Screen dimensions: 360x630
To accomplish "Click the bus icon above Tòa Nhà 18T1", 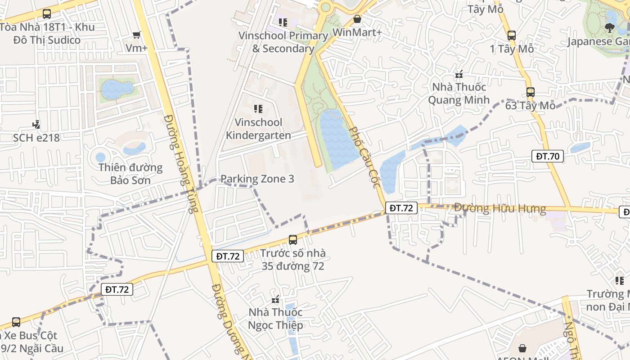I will [x=47, y=14].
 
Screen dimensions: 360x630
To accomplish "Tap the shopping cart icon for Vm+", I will [x=137, y=35].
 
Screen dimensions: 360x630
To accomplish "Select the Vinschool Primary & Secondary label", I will [x=283, y=42].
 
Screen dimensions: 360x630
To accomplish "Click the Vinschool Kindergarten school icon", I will [x=258, y=108].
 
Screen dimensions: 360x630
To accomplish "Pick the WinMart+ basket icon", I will [x=357, y=19].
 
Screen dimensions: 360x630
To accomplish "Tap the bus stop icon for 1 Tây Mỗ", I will [x=511, y=35].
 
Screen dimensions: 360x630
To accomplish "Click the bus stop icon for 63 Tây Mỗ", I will [x=531, y=92].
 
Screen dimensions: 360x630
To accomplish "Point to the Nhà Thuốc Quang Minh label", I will [x=459, y=93].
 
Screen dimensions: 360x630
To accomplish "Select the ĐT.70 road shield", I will [x=547, y=156].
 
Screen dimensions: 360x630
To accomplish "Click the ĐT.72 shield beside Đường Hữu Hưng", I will [x=401, y=208].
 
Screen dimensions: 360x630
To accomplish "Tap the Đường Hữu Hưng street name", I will [x=500, y=208].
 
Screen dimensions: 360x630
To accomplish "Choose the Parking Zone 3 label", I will [x=257, y=179].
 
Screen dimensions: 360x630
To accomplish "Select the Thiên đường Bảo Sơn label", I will [x=130, y=174].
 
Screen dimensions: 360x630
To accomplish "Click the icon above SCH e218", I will [x=36, y=124].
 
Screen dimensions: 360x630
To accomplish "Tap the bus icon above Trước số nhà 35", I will [x=293, y=239].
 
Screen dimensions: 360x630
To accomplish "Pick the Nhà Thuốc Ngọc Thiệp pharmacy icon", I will [x=276, y=299].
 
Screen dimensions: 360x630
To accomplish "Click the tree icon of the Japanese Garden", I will [x=610, y=28].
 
